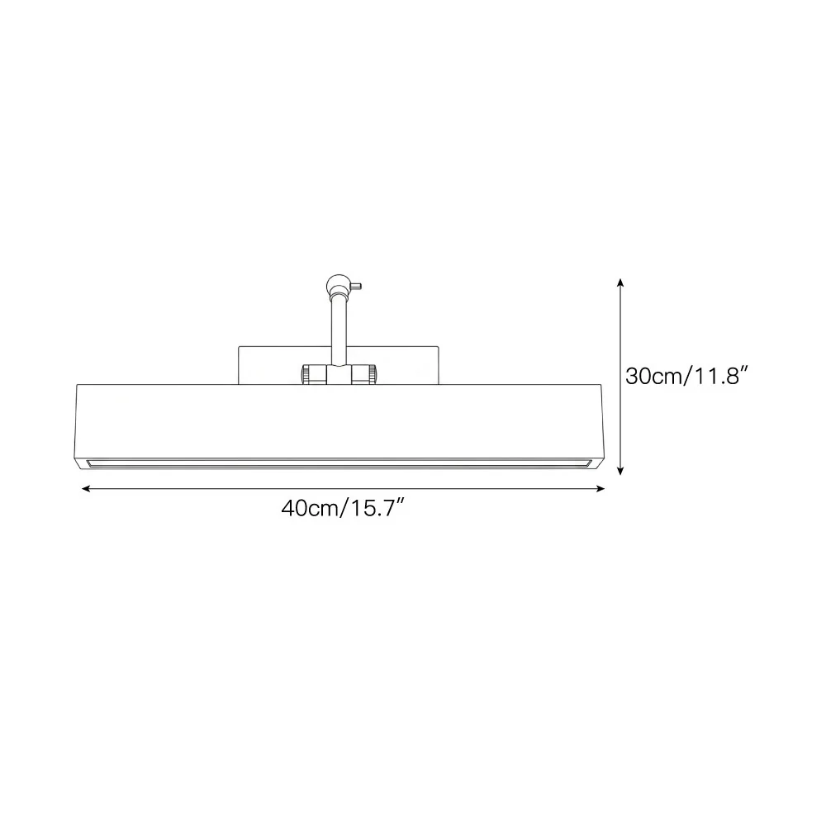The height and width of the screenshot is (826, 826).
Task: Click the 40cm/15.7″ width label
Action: point(343,508)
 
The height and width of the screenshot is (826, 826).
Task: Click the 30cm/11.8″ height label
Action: point(687,376)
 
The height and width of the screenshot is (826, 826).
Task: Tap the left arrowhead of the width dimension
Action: point(85,489)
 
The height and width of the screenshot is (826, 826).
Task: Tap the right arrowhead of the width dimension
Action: point(601,489)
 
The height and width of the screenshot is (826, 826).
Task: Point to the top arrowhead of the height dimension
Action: point(620,282)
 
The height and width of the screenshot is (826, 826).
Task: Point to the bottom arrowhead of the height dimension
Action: point(620,471)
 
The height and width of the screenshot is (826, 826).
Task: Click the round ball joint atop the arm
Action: point(338,285)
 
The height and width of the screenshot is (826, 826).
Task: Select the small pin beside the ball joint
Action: point(355,287)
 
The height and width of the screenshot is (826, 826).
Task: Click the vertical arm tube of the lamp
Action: point(338,330)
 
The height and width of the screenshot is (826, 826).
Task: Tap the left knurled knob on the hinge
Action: point(306,374)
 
